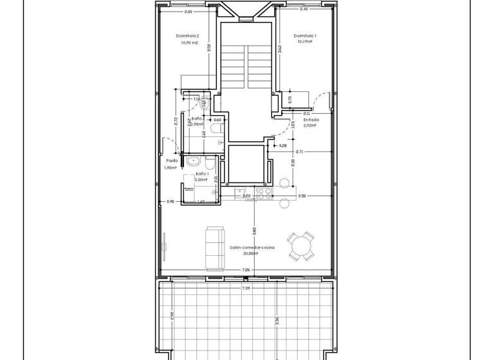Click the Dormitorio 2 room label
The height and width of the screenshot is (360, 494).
(188, 36)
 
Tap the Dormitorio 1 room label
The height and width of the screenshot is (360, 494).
(304, 35)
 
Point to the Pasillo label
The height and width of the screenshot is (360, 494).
(172, 161)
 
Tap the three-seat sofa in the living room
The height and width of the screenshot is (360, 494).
(214, 248)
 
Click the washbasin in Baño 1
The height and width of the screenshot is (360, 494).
(192, 161)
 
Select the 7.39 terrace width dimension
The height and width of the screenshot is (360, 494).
(246, 289)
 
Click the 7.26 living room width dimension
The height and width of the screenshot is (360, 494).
(246, 270)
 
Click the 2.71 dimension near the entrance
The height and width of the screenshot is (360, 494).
(300, 152)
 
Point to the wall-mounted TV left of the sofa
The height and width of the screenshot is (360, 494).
(165, 246)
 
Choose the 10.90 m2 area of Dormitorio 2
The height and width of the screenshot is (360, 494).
(188, 42)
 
